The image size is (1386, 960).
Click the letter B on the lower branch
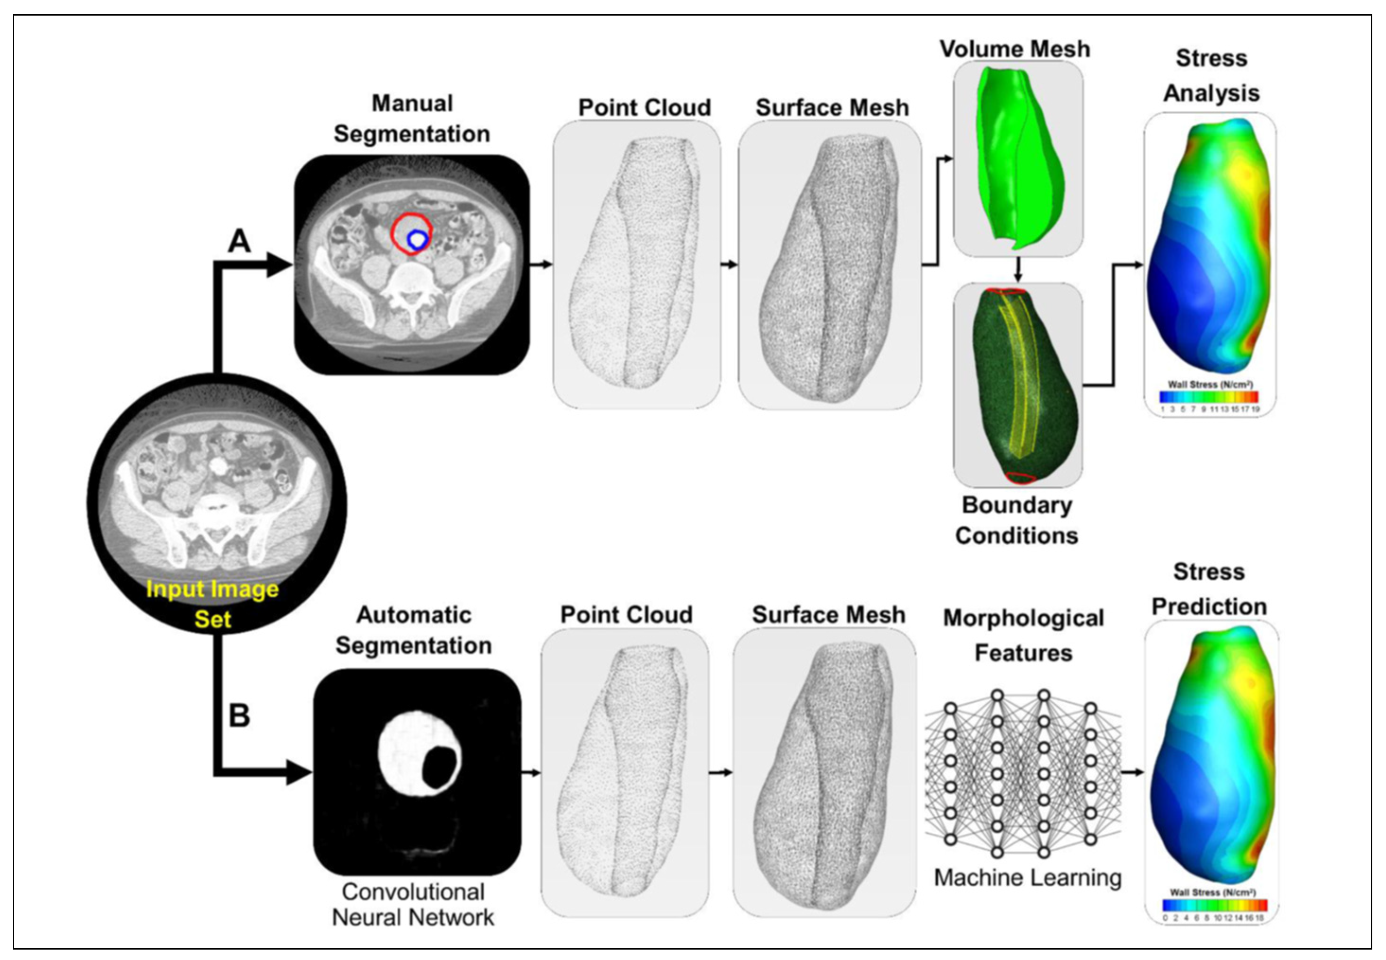[x=239, y=716]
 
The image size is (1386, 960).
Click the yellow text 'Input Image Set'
[x=213, y=603]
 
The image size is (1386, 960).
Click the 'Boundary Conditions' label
[x=1017, y=520]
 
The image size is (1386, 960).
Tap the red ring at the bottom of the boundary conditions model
[x=1020, y=478]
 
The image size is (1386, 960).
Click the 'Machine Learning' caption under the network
[x=1028, y=878]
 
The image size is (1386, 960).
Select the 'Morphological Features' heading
[x=1023, y=635]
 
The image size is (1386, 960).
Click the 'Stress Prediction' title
[x=1209, y=589]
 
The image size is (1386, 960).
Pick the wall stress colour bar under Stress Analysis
[x=1209, y=397]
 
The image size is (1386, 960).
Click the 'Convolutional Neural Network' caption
[x=413, y=905]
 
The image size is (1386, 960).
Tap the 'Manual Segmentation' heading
[x=412, y=119]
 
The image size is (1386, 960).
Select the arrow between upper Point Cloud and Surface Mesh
[x=728, y=265]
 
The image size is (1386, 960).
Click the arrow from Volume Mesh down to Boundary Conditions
[x=1018, y=271]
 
